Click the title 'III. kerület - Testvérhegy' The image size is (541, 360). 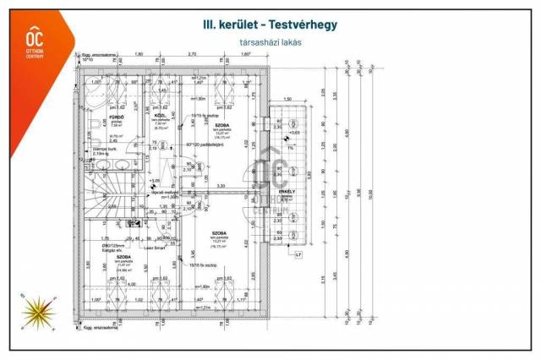pyautogui.click(x=270, y=25)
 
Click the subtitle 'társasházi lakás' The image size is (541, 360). pyautogui.click(x=270, y=42)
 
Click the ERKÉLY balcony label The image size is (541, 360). pyautogui.click(x=287, y=192)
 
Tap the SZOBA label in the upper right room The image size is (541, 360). pyautogui.click(x=222, y=125)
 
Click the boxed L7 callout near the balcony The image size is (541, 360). pyautogui.click(x=298, y=254)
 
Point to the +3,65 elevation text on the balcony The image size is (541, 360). pyautogui.click(x=293, y=133)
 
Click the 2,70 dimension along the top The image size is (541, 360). pyautogui.click(x=192, y=52)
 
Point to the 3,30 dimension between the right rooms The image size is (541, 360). pyautogui.click(x=221, y=186)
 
